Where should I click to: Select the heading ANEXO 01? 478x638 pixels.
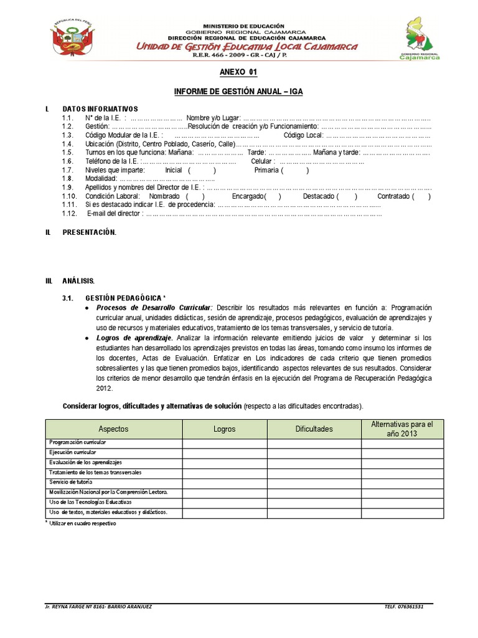coord(238,72)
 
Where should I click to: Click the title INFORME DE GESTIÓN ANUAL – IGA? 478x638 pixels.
coord(238,92)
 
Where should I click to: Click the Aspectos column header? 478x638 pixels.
coord(113,429)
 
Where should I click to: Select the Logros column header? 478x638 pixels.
coord(225,429)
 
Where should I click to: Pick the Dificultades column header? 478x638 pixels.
coord(314,429)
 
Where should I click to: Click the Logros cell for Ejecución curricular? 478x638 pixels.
coord(225,452)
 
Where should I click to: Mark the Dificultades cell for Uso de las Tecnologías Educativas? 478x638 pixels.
coord(314,502)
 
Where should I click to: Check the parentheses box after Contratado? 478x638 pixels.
coord(421,196)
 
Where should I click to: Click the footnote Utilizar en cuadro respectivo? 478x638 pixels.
coord(83,523)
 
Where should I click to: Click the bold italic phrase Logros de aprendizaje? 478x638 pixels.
coord(133,337)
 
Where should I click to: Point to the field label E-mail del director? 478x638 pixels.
coord(113,214)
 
